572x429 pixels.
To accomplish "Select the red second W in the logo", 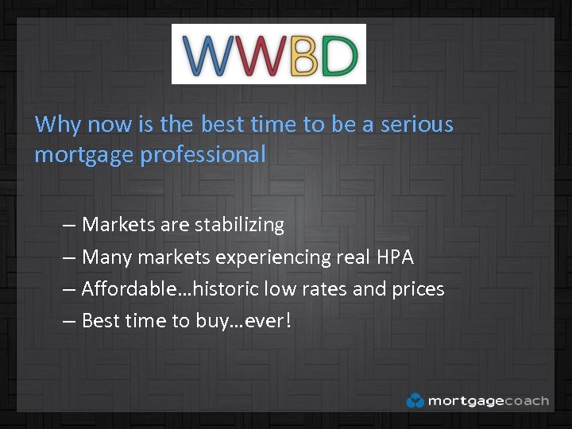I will click(259, 55).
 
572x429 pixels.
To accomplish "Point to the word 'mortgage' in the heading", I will click(84, 155).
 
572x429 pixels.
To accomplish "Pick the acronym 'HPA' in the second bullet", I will click(395, 257).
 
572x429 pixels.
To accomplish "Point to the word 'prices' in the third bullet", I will click(418, 289).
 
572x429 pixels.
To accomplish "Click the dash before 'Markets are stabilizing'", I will click(69, 226).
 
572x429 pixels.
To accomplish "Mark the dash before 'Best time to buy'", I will click(69, 322).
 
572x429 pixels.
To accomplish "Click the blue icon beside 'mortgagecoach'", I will click(415, 400).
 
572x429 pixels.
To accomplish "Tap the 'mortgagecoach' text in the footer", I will click(488, 400).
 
